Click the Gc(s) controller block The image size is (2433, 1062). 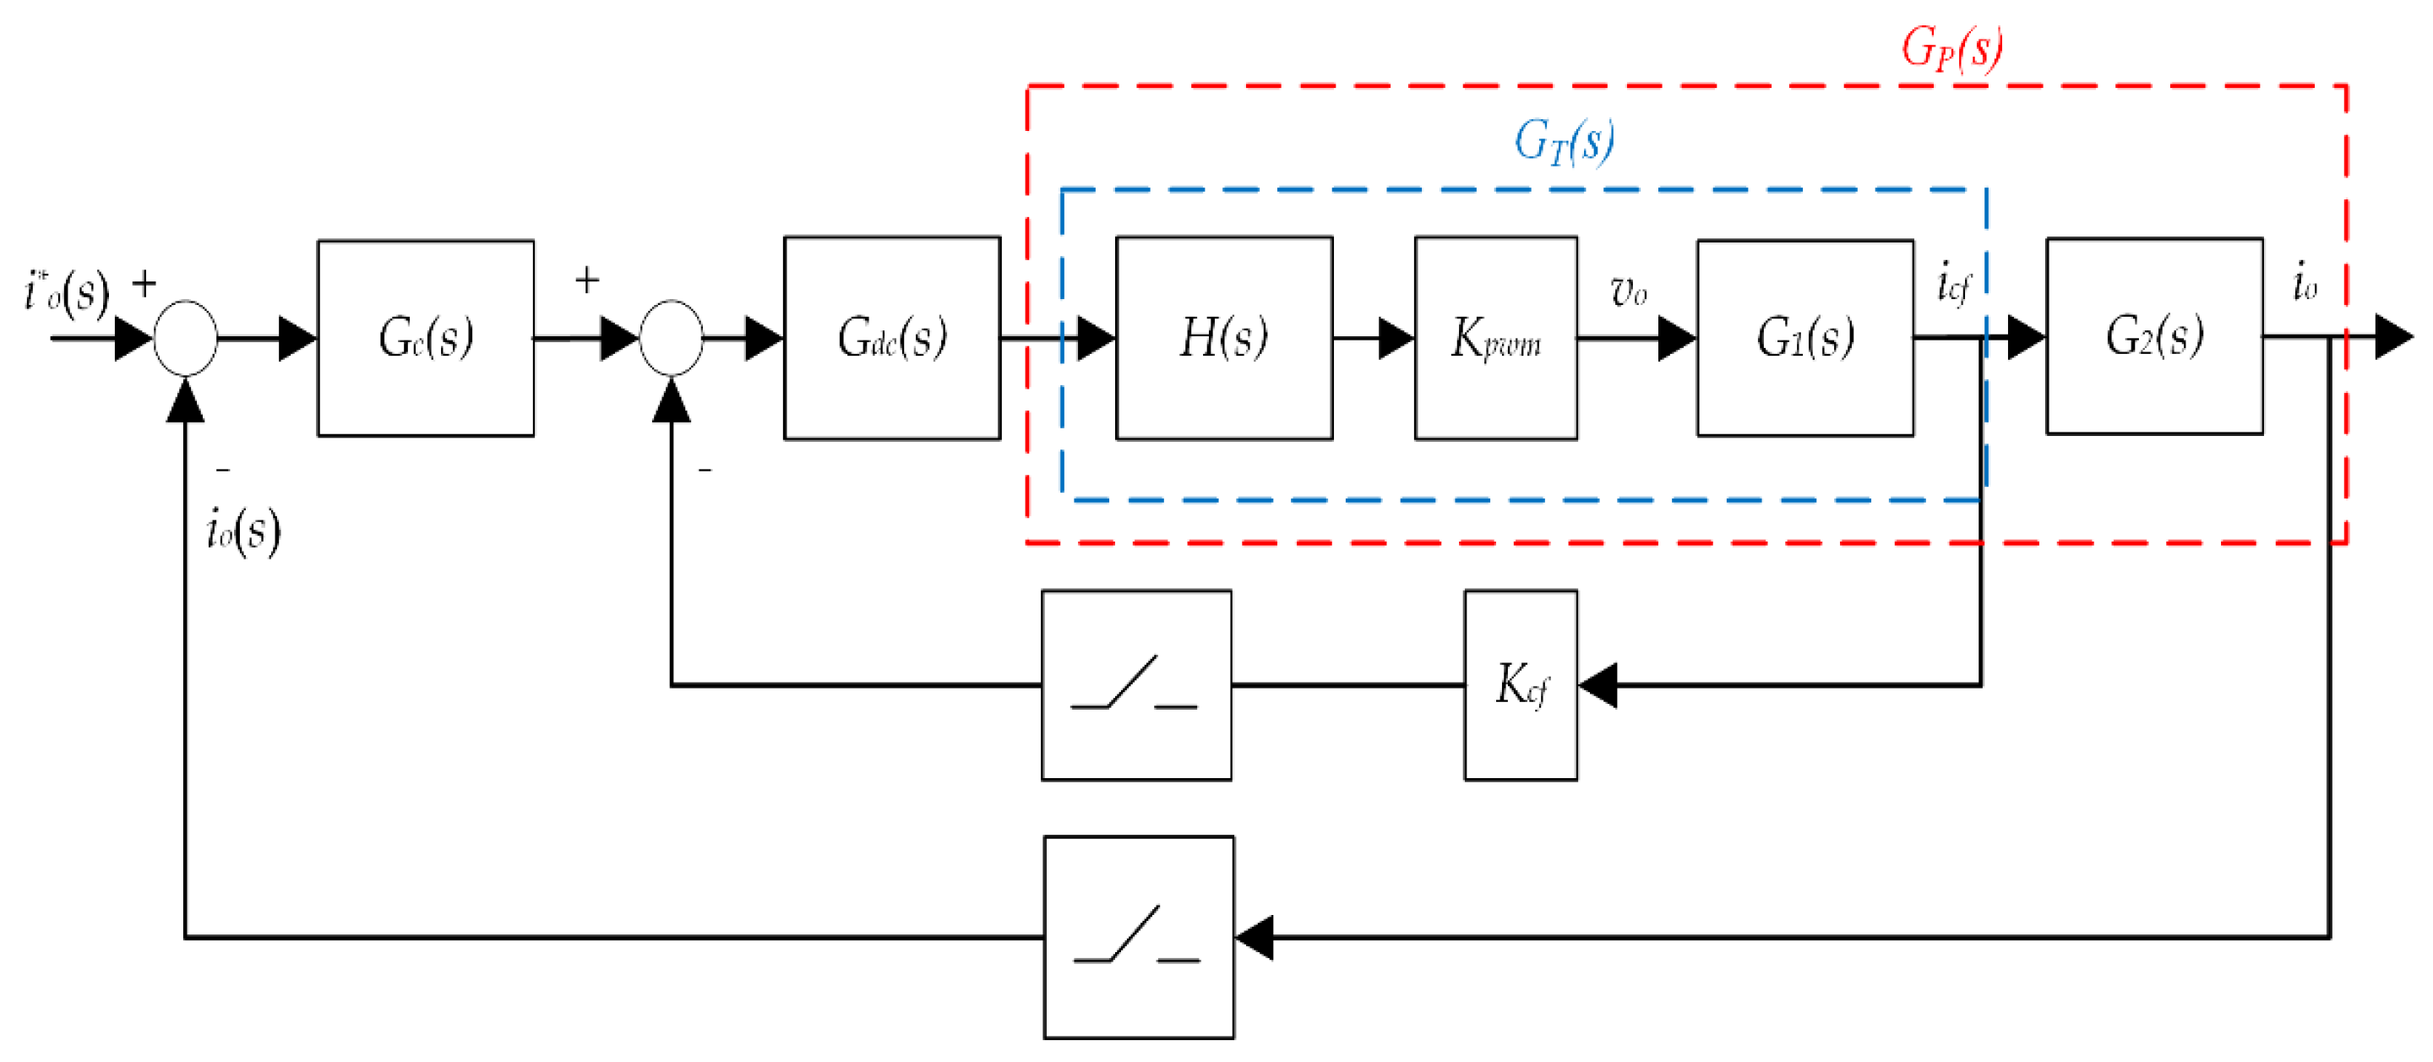425,337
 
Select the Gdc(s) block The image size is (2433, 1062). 891,337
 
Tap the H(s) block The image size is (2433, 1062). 1224,337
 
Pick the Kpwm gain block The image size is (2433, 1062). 1495,337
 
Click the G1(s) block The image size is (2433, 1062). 1805,337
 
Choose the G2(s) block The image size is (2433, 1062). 2153,336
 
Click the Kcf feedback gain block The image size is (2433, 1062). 1521,685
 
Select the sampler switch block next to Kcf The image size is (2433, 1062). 1136,685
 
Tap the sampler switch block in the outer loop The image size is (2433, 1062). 1138,936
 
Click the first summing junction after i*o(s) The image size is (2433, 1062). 185,338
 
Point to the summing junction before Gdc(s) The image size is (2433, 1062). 672,338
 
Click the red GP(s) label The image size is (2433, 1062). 1951,47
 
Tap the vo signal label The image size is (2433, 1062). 1628,290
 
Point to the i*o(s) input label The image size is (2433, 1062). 66,291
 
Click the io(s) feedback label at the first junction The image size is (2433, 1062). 242,530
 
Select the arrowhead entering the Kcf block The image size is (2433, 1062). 1598,685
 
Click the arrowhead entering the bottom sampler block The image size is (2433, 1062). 1255,937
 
